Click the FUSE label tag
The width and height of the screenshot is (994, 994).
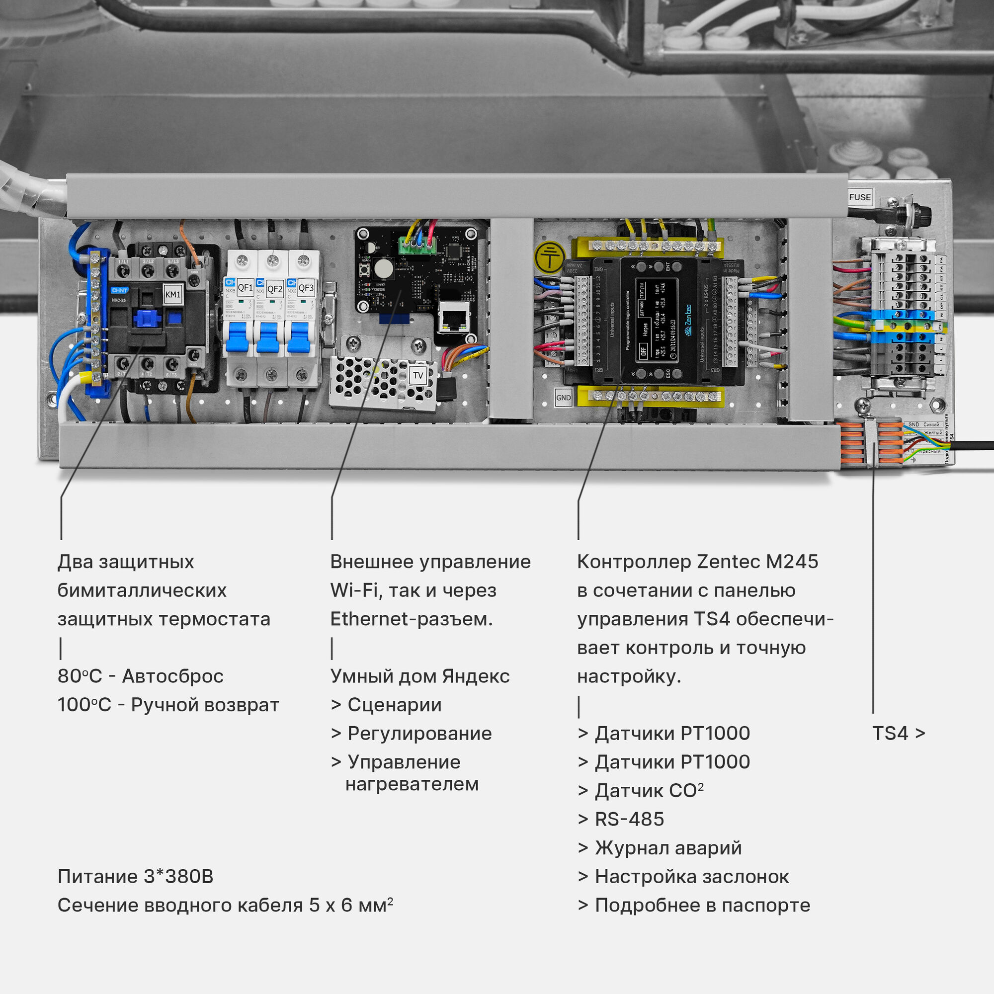coord(860,197)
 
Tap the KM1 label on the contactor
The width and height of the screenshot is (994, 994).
coord(173,294)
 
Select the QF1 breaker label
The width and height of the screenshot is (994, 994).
coord(246,288)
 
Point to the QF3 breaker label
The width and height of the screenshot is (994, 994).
coord(306,288)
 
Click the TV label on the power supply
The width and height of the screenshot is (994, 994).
coord(418,375)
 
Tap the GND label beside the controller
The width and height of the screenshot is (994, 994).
coord(564,397)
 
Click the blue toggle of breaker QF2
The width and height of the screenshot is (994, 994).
coord(267,337)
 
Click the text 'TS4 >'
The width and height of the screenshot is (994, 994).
coord(898,733)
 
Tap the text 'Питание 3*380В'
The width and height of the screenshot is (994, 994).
coord(135,876)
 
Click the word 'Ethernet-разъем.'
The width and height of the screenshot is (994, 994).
coord(411,619)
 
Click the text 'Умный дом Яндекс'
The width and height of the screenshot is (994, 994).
coord(420,676)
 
